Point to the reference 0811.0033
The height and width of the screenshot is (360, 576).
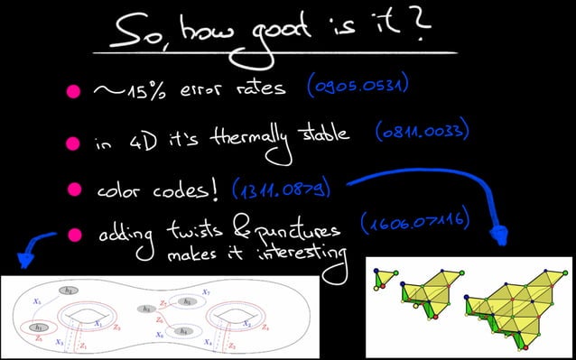420,134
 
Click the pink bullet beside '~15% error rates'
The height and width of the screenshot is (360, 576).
73,91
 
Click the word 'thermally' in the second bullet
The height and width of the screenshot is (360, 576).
254,141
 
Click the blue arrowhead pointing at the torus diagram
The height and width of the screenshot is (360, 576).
24,261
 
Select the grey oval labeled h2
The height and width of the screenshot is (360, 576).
70,291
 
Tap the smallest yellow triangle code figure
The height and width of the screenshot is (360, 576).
386,279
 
